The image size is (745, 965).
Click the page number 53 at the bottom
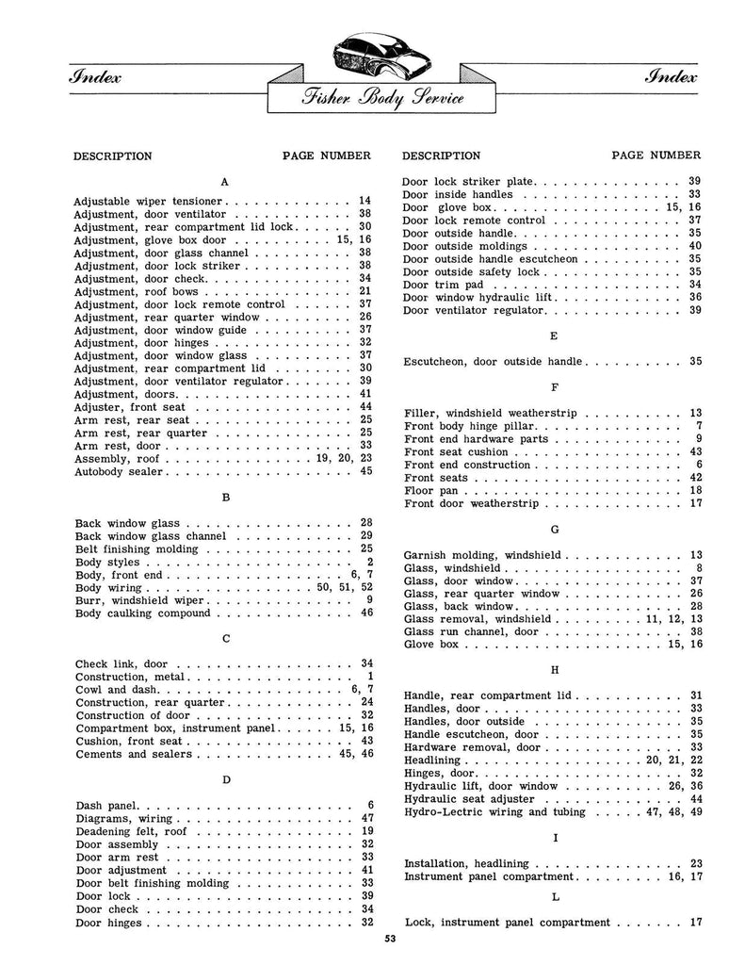tap(389, 938)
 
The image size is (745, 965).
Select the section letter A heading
tap(223, 180)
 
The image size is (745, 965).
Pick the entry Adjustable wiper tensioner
tap(149, 201)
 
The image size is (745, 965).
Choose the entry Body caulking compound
tap(143, 613)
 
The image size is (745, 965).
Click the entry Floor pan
tap(432, 491)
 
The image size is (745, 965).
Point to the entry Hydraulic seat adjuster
tap(468, 798)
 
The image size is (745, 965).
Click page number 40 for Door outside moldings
tap(694, 246)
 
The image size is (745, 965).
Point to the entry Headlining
tap(431, 760)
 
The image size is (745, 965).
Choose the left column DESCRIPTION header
tap(113, 155)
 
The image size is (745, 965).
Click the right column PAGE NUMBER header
tap(656, 155)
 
